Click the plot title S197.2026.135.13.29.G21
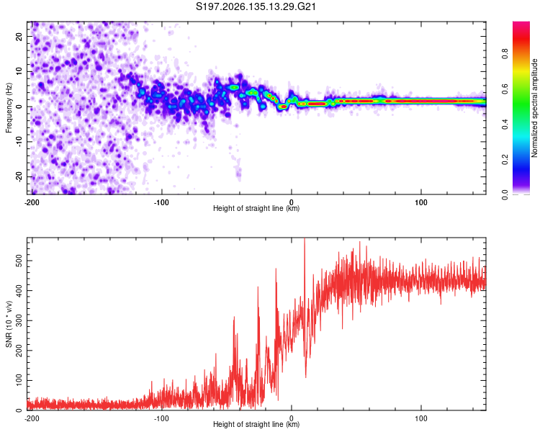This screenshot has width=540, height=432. pos(256,6)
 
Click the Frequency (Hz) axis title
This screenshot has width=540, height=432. pos(9,108)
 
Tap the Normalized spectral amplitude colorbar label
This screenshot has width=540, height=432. pos(534,108)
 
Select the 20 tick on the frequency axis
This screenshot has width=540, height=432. pos(19,36)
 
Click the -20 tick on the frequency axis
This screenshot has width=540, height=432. pos(19,176)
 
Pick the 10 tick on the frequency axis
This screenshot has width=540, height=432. pos(19,71)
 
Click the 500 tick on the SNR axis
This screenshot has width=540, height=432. pos(19,261)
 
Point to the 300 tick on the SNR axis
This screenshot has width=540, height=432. pos(19,320)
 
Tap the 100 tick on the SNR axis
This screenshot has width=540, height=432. pos(19,381)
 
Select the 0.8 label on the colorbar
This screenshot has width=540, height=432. pos(505,54)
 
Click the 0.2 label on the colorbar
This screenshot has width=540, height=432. pos(505,160)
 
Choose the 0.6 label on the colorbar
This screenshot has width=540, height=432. pos(505,89)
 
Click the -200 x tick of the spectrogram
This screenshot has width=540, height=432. pos(32,202)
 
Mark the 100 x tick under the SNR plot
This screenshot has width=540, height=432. pos(421,418)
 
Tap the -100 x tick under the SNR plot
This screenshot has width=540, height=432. pos(161,418)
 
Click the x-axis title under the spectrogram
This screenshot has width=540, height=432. pos(256,208)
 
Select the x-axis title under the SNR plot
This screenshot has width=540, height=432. pos(256,424)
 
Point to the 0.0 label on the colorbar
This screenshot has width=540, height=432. pos(505,194)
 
